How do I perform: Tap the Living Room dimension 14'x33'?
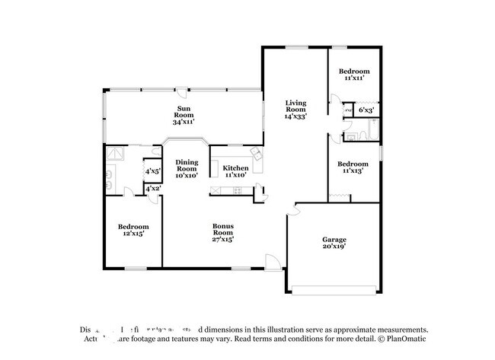(295, 117)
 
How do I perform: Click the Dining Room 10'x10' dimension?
(187, 175)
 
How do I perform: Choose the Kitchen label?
(235, 168)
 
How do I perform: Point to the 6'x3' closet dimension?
(366, 111)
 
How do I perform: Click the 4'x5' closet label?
(152, 171)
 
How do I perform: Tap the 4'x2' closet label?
(152, 188)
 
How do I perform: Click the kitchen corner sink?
(257, 155)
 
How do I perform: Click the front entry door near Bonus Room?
(271, 263)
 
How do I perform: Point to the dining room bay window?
(187, 141)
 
